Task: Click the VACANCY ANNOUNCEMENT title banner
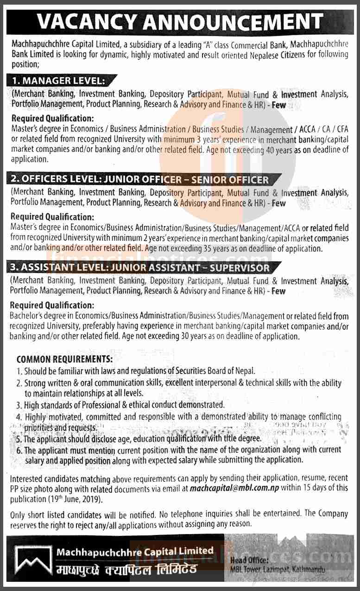coord(180,22)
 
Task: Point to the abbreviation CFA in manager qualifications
coord(342,130)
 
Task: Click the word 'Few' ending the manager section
coord(279,105)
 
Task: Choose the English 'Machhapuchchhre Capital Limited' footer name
coord(135,551)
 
